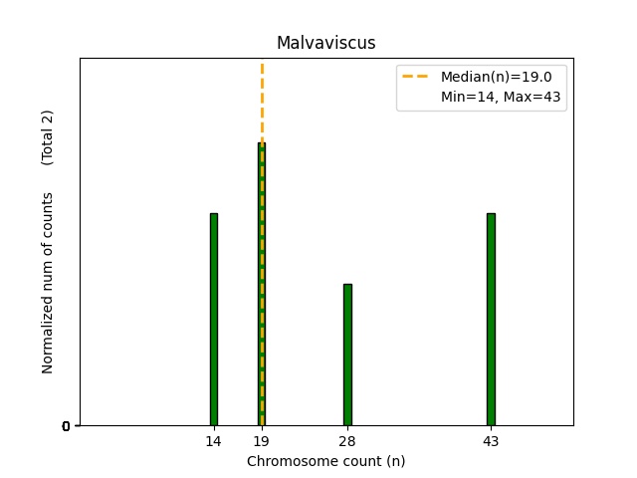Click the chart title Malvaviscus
coord(325,43)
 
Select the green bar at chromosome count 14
coord(213,319)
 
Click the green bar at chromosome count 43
coord(491,319)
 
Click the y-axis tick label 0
coord(66,427)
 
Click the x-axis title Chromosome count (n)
coord(325,461)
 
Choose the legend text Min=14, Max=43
coord(503,97)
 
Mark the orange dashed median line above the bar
coord(262,100)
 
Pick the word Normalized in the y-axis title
coord(48,338)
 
